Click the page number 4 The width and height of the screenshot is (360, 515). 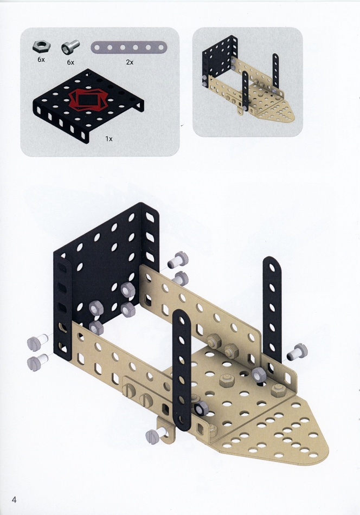point(14,500)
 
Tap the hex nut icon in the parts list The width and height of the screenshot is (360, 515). point(41,47)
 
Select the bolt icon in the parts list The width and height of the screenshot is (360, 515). point(70,47)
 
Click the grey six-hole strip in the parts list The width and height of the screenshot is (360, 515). point(128,48)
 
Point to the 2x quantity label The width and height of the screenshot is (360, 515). point(130,62)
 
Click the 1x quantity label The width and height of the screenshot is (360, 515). point(109,139)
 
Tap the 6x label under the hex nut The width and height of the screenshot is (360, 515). point(41,60)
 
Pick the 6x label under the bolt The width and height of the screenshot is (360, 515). point(70,62)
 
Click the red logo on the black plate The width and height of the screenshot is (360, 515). point(88,99)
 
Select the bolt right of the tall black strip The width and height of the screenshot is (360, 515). point(297,352)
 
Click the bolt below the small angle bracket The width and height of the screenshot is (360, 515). point(156,435)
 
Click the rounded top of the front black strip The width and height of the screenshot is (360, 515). point(181,316)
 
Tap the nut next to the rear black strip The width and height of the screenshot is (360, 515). point(259,375)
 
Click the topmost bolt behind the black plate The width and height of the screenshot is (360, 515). point(178,260)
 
